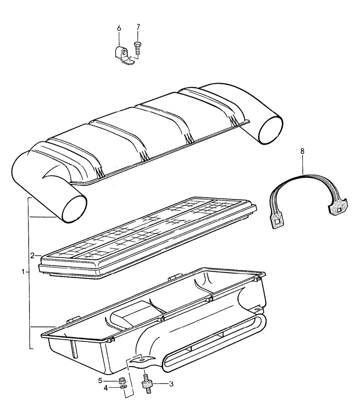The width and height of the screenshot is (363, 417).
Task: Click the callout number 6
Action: (119, 28)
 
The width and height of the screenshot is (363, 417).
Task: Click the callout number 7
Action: (138, 27)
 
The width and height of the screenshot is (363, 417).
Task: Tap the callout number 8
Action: (302, 151)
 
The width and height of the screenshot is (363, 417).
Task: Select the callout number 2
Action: (33, 256)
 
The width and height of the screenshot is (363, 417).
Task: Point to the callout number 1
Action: (23, 272)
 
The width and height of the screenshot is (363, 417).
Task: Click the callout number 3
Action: (171, 384)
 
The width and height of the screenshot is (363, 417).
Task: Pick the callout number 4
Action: (106, 388)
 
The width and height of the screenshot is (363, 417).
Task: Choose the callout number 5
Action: (100, 380)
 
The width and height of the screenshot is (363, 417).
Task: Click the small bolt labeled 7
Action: (138, 48)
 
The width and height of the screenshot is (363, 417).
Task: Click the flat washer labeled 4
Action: (123, 387)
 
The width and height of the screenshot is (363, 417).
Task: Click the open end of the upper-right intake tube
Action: (270, 130)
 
